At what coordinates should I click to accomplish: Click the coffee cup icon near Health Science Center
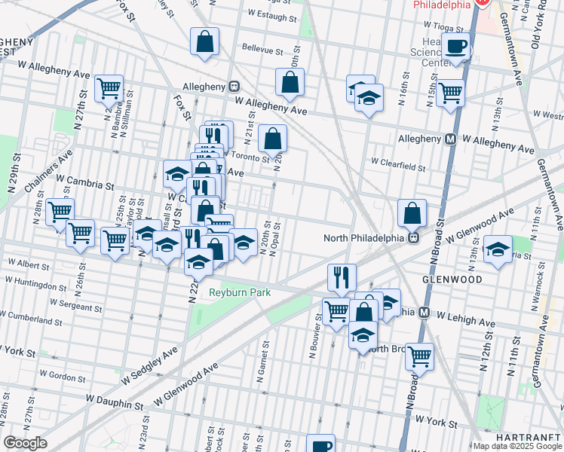pyautogui.click(x=455, y=47)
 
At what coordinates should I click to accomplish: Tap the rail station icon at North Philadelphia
pyautogui.click(x=414, y=238)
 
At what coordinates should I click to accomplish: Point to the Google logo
pyautogui.click(x=26, y=443)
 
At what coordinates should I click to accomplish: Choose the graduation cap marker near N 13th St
pyautogui.click(x=498, y=249)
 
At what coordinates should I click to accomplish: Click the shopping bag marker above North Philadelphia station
pyautogui.click(x=412, y=214)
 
